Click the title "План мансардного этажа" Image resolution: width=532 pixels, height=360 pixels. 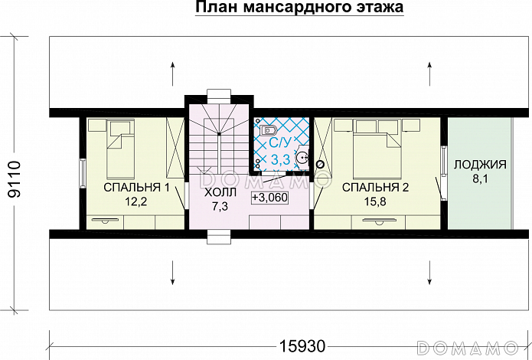click(x=299, y=8)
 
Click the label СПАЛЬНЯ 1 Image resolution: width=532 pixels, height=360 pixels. click(x=136, y=187)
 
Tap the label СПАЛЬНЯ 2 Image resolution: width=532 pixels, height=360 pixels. click(x=376, y=187)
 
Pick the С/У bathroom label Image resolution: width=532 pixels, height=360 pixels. click(x=280, y=142)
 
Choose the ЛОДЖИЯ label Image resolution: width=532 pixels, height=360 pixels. click(x=480, y=165)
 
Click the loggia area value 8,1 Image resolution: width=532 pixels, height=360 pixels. click(x=480, y=180)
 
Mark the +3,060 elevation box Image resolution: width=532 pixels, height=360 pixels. click(x=269, y=197)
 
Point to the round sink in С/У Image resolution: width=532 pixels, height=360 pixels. click(x=304, y=159)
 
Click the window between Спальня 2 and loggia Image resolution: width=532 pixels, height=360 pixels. click(x=443, y=163)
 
